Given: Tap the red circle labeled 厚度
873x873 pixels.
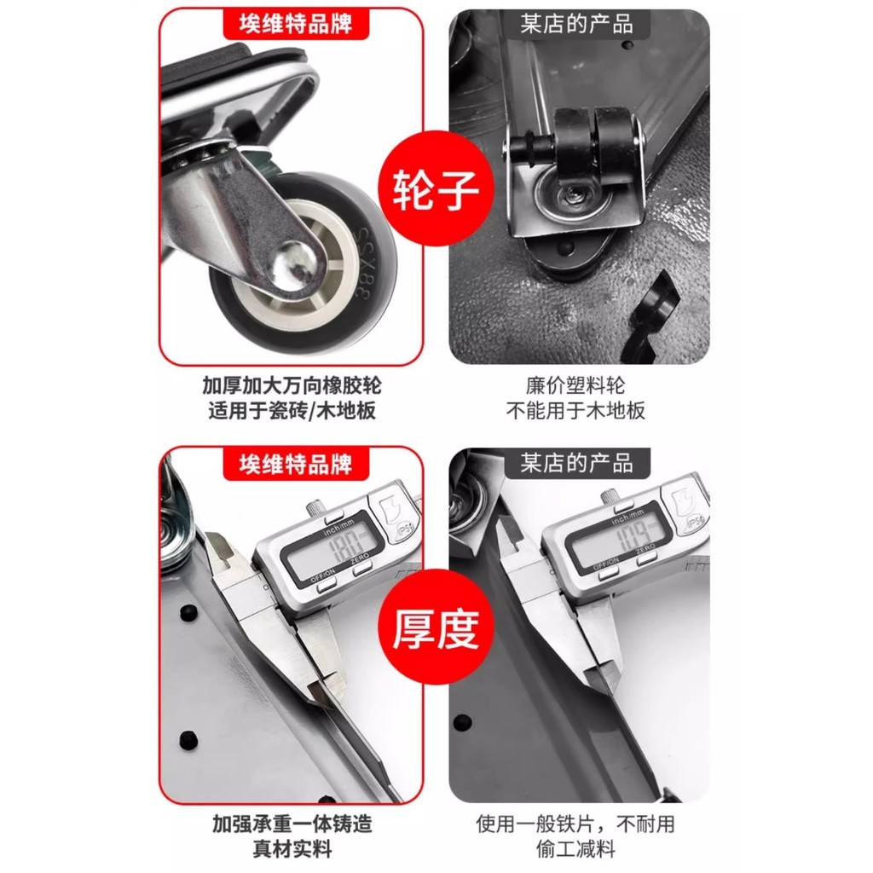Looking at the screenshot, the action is (x=436, y=627).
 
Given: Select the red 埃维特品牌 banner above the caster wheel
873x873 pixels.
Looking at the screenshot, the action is (x=296, y=24).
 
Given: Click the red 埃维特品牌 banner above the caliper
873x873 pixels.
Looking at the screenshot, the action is (x=296, y=464).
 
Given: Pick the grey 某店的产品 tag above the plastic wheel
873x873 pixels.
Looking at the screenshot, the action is (x=577, y=24).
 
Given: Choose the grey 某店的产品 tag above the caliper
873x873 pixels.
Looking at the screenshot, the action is (x=577, y=463).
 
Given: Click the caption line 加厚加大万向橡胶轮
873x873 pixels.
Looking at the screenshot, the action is (x=292, y=384).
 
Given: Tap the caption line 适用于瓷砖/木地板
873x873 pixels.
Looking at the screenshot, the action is (x=292, y=411).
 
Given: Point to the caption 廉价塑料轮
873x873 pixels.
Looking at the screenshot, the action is (x=575, y=384).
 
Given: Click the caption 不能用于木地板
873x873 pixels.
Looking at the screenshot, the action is (x=575, y=411).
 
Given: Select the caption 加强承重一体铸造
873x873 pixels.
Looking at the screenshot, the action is (x=292, y=824).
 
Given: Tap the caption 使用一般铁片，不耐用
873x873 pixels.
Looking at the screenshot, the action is (x=575, y=824).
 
